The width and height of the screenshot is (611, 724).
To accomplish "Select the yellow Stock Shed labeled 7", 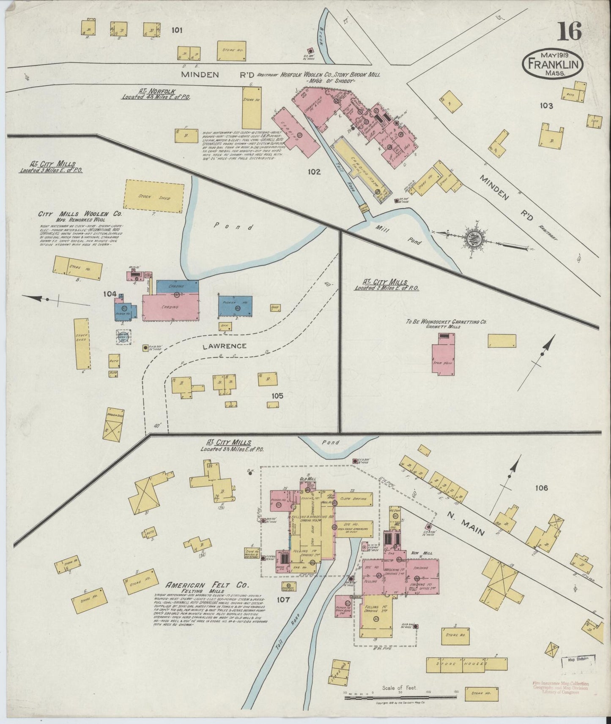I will pos(154,195).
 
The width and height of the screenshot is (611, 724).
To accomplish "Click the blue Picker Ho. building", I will pos(236,306).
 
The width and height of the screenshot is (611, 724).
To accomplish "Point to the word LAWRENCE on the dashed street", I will pos(224,346).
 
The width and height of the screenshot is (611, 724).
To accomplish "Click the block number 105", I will pos(278,396).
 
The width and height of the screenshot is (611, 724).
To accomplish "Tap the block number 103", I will pos(546,106).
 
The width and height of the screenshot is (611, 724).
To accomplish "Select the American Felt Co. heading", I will pos(207,585).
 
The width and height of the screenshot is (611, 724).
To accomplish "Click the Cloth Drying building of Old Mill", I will pos(354,498).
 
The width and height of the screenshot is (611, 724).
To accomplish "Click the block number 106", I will pos(541,488).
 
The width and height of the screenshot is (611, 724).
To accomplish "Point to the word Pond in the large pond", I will pos(233,226).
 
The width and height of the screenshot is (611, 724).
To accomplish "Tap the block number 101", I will pos(177,30).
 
